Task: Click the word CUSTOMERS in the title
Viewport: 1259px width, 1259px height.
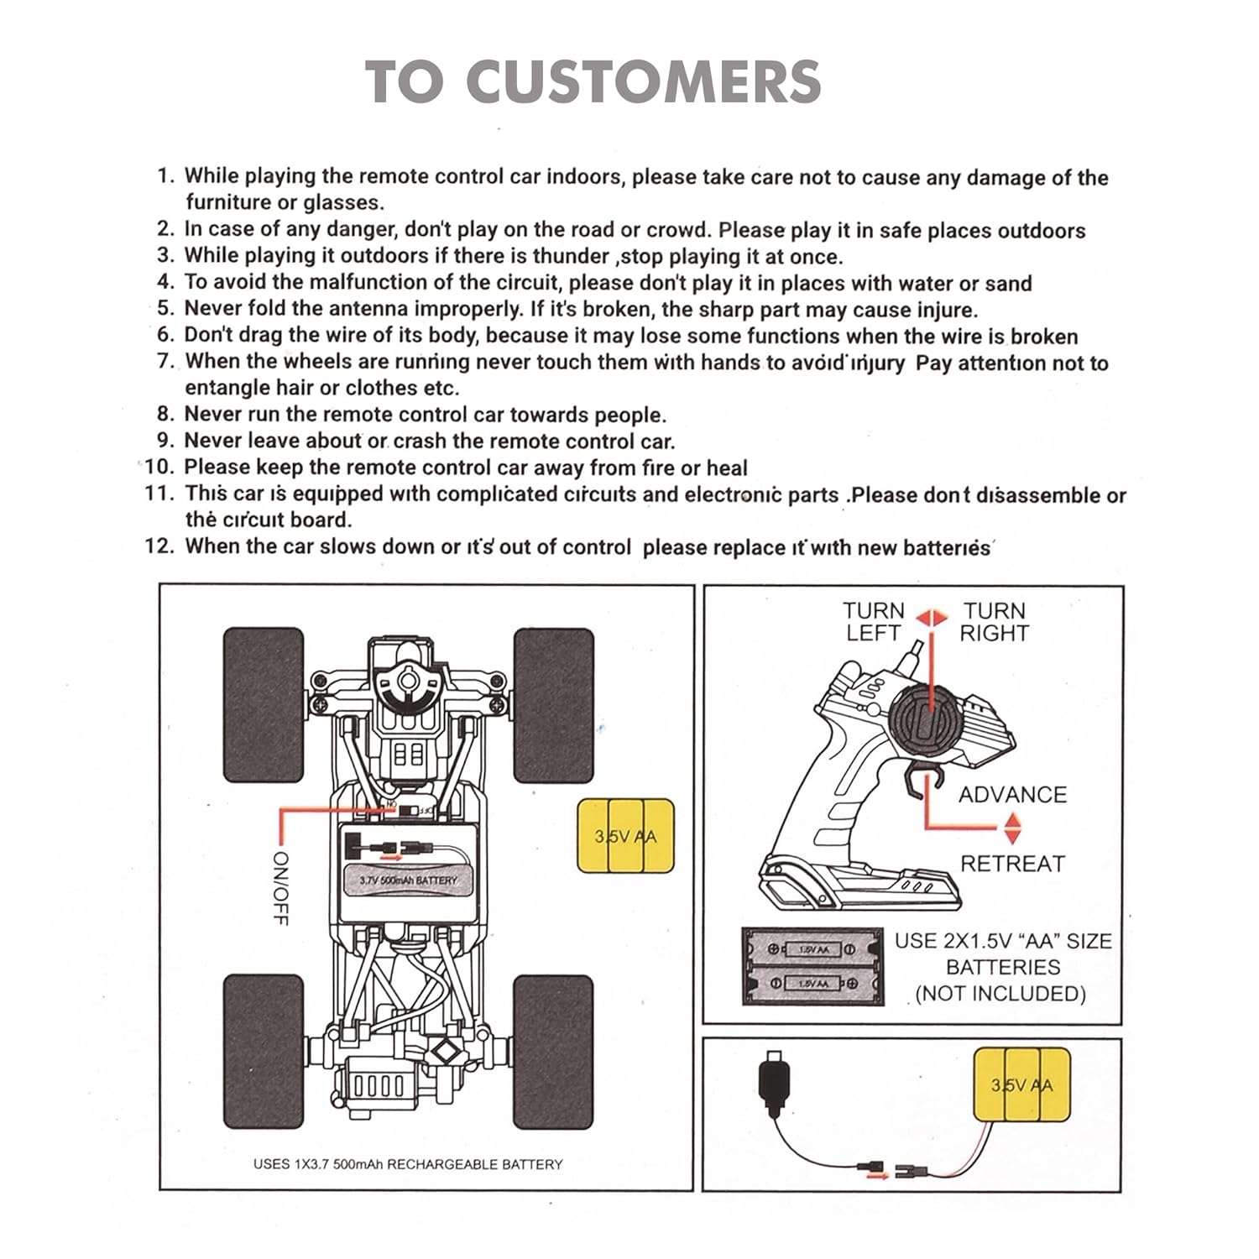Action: (x=643, y=82)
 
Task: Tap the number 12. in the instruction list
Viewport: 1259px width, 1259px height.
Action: (x=159, y=546)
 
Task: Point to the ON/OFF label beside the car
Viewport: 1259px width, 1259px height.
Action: (x=280, y=888)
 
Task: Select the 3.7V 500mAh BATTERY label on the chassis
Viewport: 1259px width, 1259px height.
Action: (x=409, y=880)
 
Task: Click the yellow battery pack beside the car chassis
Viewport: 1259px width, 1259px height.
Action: (x=626, y=836)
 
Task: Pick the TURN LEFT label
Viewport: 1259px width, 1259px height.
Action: (x=873, y=622)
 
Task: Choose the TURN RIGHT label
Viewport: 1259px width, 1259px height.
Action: (x=995, y=622)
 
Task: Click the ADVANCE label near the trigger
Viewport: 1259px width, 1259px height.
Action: (x=1012, y=795)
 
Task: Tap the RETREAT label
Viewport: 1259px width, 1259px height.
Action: (x=1012, y=864)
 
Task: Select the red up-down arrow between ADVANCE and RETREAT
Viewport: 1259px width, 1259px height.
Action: (x=1012, y=829)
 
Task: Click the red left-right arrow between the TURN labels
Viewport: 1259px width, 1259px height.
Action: (x=931, y=619)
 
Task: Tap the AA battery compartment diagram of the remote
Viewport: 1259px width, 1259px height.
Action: (x=812, y=966)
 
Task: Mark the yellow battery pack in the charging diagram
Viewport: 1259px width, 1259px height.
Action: (x=1021, y=1086)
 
